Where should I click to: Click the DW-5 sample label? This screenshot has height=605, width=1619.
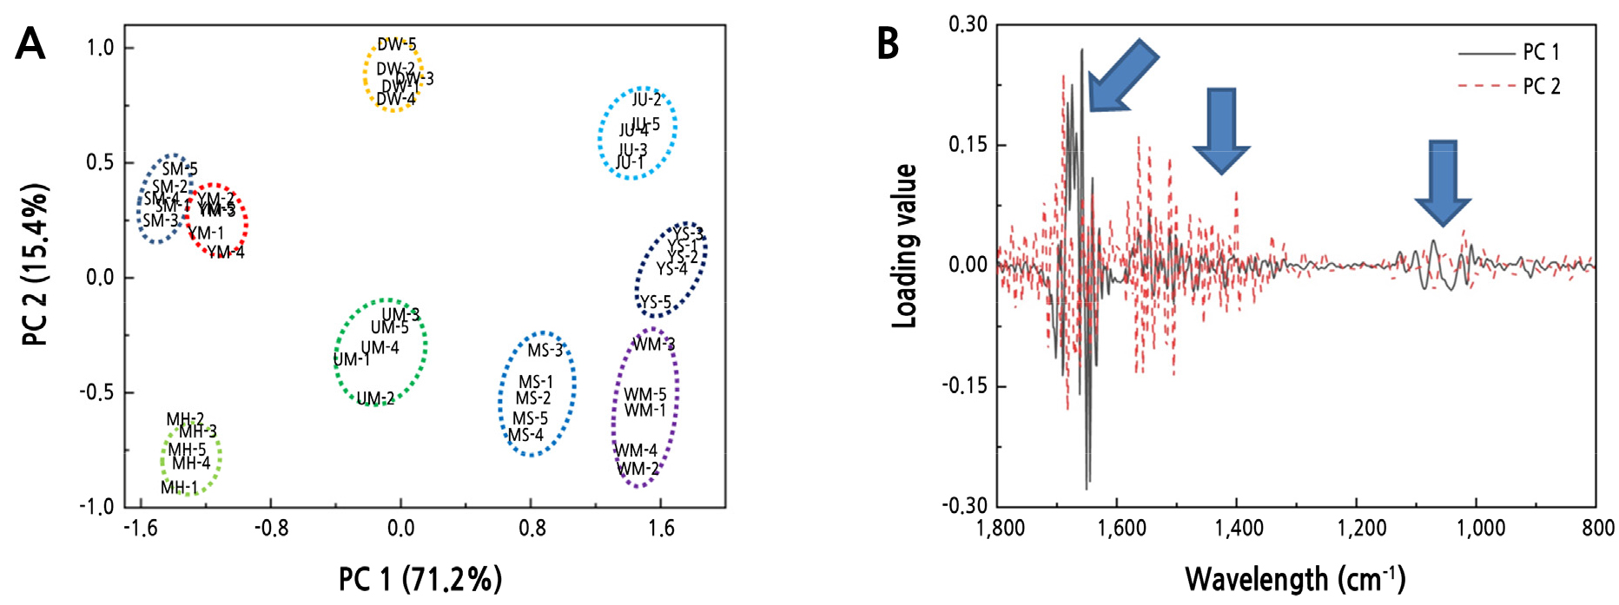[x=396, y=44]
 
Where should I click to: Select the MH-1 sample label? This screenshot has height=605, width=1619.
[x=179, y=488]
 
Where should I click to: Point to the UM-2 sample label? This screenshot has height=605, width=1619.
[x=375, y=398]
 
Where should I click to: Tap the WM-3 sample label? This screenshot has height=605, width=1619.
[x=653, y=345]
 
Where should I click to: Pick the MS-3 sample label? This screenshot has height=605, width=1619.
[x=545, y=351]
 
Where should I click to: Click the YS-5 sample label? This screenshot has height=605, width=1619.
[x=656, y=303]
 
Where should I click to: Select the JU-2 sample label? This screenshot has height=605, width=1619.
[x=646, y=99]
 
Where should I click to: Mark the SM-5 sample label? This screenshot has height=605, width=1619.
[x=180, y=169]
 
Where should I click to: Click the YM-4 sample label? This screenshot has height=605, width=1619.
[x=226, y=253]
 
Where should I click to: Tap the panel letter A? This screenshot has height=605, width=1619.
[x=30, y=43]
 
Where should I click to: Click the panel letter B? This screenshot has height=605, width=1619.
[x=888, y=43]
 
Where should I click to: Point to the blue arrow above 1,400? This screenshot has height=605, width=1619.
[x=1221, y=130]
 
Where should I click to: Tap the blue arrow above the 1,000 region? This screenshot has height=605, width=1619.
[x=1443, y=182]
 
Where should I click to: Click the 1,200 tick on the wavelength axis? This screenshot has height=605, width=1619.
[x=1362, y=528]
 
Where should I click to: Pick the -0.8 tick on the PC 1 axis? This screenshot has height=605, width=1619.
[x=271, y=528]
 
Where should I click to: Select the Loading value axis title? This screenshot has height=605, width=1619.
[x=905, y=246]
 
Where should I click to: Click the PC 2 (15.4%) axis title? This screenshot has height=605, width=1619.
[x=35, y=265]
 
